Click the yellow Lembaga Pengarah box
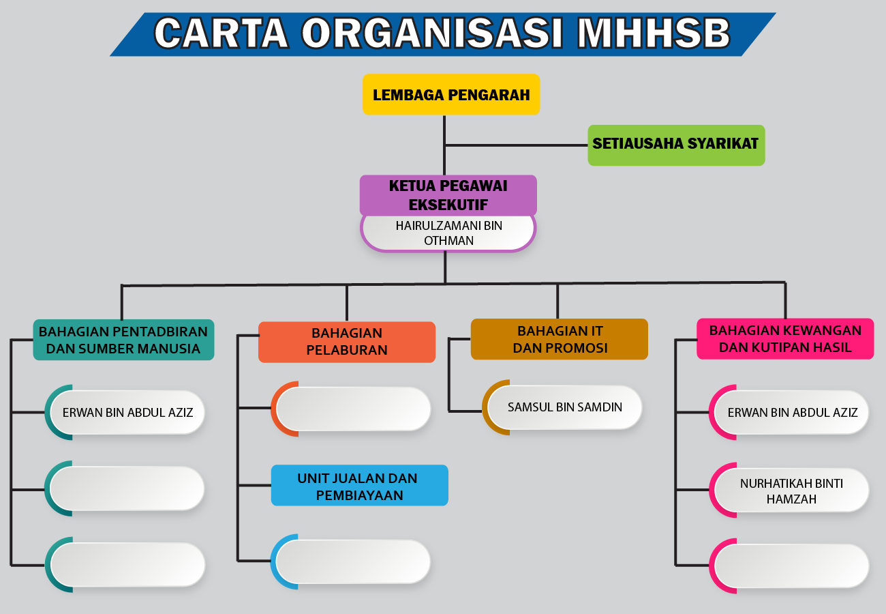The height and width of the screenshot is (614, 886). click(451, 94)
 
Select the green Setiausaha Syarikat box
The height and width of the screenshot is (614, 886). click(676, 145)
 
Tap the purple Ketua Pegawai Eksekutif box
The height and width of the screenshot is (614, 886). click(448, 195)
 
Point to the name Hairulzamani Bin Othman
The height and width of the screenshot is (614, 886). click(448, 233)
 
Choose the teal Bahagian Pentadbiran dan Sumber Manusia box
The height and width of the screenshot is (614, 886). click(123, 340)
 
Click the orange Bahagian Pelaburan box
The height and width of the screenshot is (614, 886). click(347, 342)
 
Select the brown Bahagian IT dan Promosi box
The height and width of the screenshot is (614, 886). click(560, 339)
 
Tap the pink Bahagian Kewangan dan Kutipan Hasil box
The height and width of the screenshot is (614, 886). click(785, 339)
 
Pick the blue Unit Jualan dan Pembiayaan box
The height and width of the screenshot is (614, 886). click(360, 485)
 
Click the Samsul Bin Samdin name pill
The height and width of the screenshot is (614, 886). click(562, 407)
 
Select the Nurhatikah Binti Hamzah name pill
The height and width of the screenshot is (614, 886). click(789, 491)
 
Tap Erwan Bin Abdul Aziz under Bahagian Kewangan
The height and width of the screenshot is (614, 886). click(789, 413)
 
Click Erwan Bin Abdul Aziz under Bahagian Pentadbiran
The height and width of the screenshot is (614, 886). click(125, 413)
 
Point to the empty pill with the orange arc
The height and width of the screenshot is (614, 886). click(351, 409)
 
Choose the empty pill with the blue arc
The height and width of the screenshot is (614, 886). click(350, 561)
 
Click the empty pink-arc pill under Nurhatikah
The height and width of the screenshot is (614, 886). click(789, 566)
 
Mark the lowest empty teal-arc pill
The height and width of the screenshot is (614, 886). click(125, 565)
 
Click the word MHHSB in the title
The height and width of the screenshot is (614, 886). click(654, 33)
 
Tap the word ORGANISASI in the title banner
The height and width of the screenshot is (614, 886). click(432, 33)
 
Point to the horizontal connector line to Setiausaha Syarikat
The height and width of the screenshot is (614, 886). click(516, 145)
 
